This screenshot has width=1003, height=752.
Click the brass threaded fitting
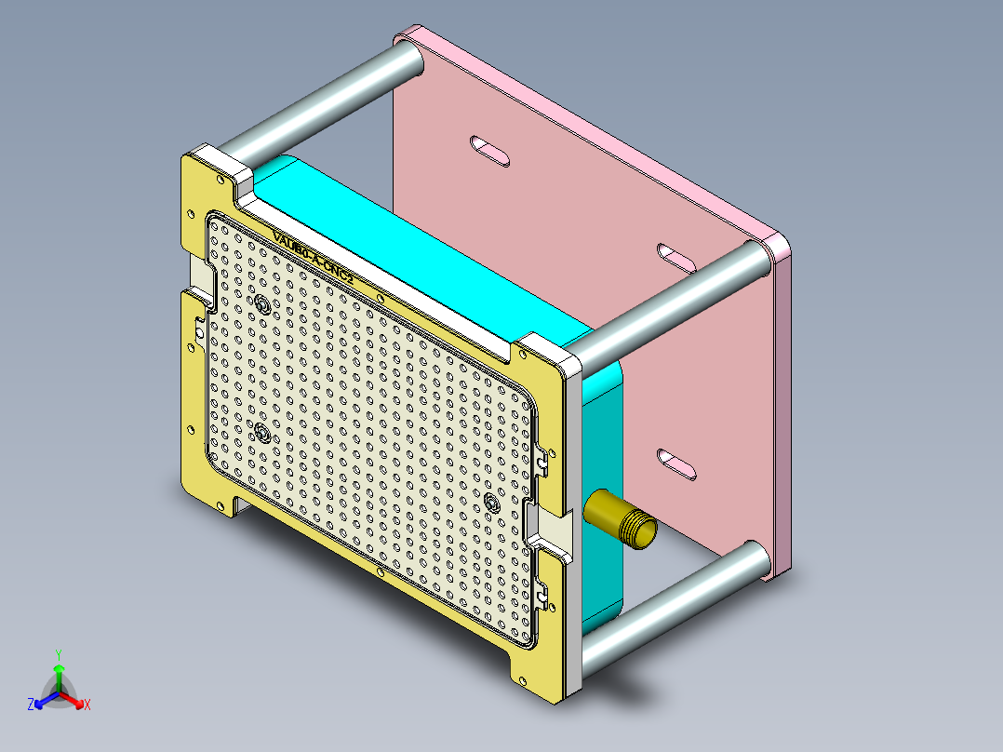point(618,520)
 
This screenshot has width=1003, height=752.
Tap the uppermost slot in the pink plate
point(489,150)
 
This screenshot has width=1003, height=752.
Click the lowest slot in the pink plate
point(676,463)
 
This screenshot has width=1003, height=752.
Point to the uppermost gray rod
point(321,101)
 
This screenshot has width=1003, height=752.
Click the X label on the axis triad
point(87,705)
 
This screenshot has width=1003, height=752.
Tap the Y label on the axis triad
point(58,654)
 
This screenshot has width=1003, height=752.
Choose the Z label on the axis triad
point(31,705)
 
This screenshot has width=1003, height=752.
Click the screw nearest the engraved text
point(263,304)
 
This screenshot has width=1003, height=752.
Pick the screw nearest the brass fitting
point(492,503)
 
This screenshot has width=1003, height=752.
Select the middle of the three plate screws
point(263,433)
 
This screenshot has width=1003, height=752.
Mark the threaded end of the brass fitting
point(639,531)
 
